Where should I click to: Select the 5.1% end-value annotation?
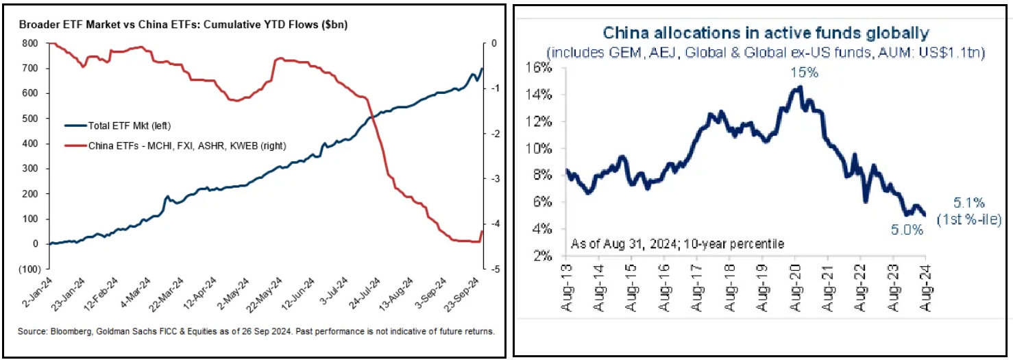[969, 203]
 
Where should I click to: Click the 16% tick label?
[540, 68]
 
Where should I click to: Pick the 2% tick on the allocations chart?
[543, 256]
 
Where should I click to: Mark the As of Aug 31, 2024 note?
[676, 243]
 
